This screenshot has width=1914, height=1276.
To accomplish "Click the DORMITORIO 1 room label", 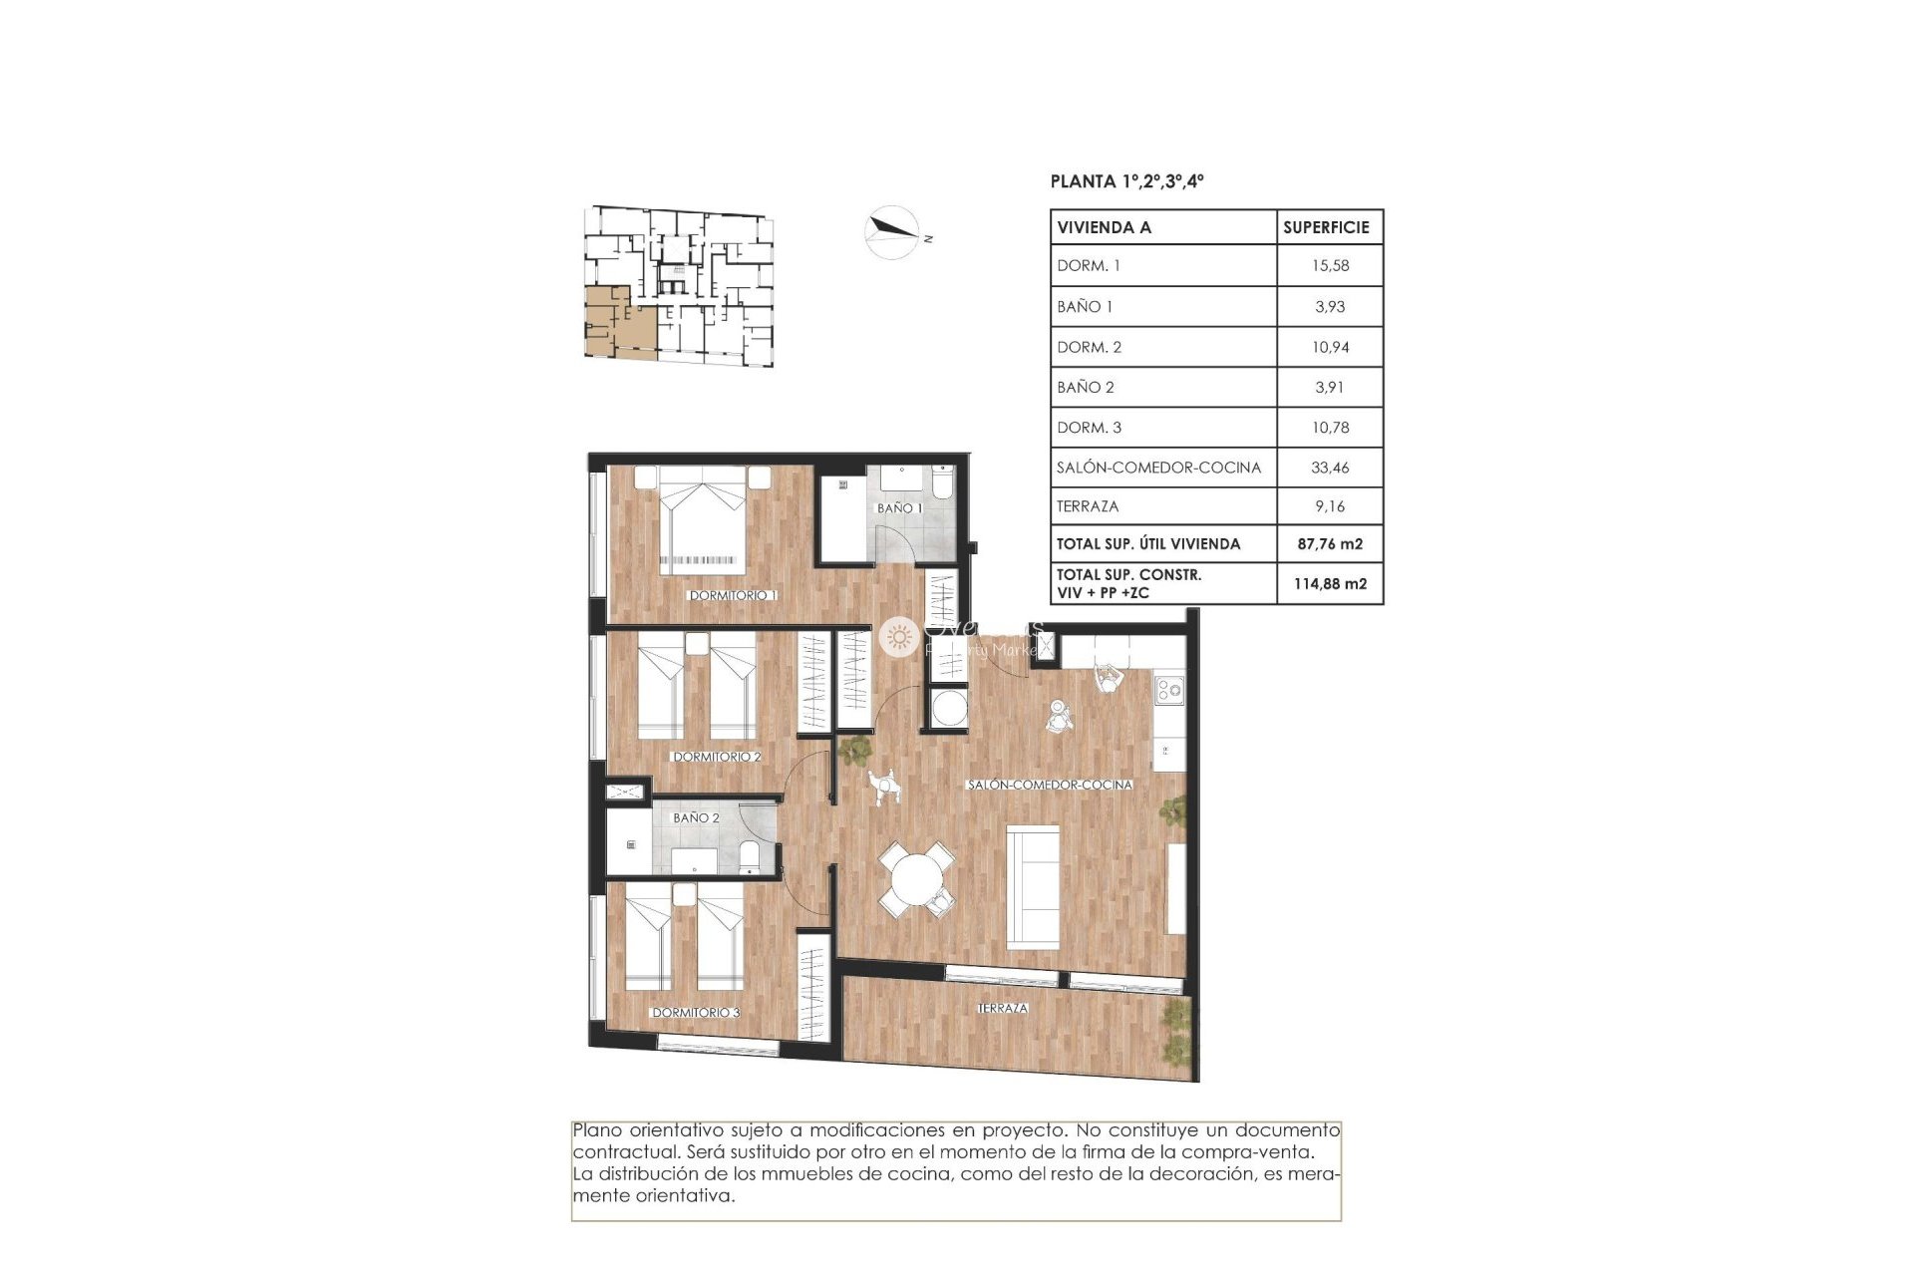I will tap(733, 595).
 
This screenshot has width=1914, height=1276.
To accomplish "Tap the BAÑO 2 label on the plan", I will tap(696, 817).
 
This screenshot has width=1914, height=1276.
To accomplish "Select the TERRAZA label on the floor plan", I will tap(1002, 1008).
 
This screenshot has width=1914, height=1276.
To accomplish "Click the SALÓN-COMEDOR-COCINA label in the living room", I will tap(1050, 785).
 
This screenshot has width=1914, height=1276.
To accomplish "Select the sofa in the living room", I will tap(1032, 885).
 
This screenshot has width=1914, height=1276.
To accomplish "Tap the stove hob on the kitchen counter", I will tap(1168, 689).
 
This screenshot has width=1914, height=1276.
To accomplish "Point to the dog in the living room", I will tap(883, 787).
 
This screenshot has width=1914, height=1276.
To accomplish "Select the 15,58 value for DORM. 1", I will tap(1330, 265).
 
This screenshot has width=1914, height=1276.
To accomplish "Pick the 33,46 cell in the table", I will tap(1330, 467).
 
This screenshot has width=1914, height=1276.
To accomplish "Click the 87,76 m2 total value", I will tap(1330, 543).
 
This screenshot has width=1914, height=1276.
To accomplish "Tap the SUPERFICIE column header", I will tap(1326, 227).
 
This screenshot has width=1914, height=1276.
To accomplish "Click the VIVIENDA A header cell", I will tap(1104, 227).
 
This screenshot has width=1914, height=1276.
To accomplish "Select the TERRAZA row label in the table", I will tap(1088, 506).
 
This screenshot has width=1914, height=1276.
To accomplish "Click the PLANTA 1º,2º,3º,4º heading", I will tap(1126, 181).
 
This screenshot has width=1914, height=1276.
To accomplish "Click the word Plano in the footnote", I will tap(597, 1130).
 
